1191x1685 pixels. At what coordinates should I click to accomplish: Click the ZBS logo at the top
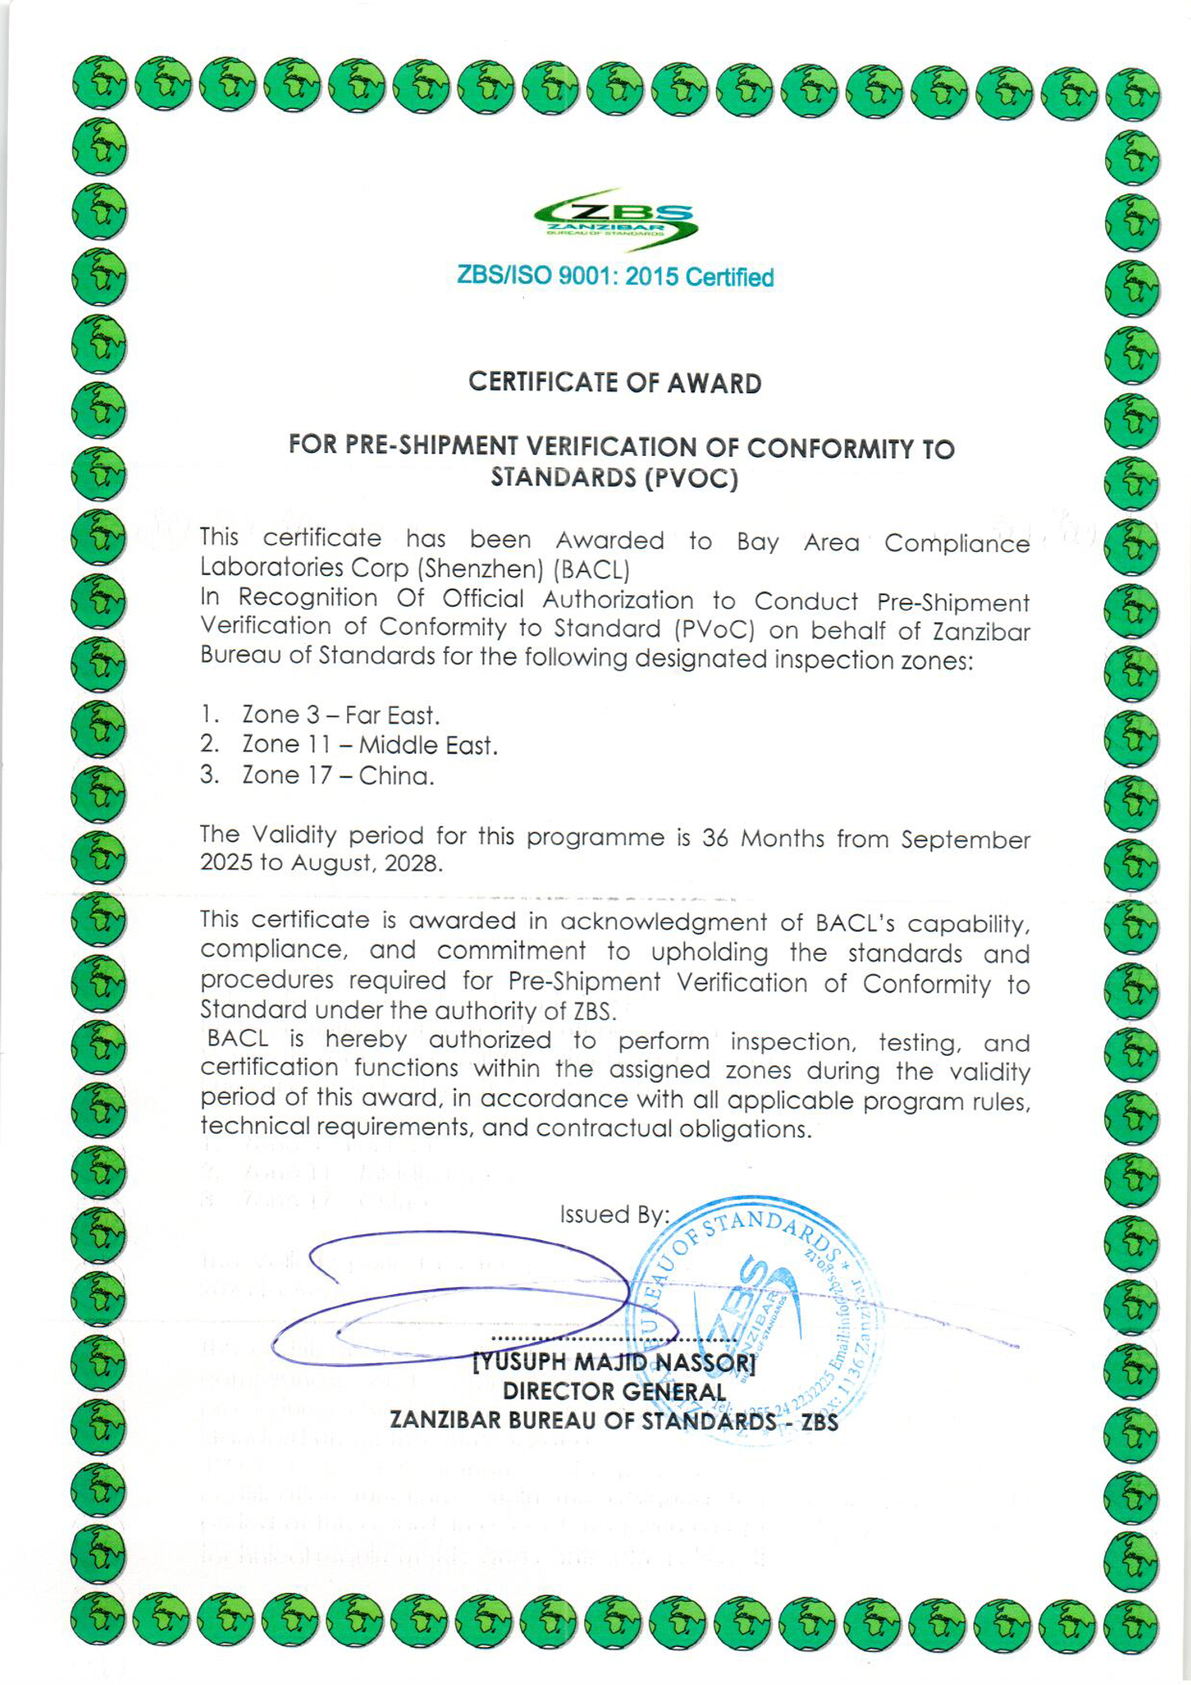click(615, 218)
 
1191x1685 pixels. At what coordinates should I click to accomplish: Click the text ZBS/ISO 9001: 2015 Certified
click(615, 276)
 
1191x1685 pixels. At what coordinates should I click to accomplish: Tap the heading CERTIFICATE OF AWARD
click(615, 383)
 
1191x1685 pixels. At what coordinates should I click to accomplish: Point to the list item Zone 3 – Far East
click(340, 715)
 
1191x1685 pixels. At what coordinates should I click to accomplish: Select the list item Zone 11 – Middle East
click(369, 745)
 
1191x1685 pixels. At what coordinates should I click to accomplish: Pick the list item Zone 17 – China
click(337, 775)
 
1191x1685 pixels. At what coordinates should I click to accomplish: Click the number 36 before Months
click(715, 838)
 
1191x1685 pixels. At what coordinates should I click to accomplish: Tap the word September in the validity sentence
click(965, 840)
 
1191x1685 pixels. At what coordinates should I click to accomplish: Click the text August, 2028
click(367, 864)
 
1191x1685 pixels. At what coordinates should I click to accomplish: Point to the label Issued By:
click(614, 1215)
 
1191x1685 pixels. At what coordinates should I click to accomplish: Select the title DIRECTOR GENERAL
click(614, 1392)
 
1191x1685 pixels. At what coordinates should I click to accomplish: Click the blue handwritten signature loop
click(468, 1295)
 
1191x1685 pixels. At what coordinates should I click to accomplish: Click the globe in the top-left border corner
click(99, 83)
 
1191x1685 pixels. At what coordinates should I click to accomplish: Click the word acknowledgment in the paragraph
click(663, 922)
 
